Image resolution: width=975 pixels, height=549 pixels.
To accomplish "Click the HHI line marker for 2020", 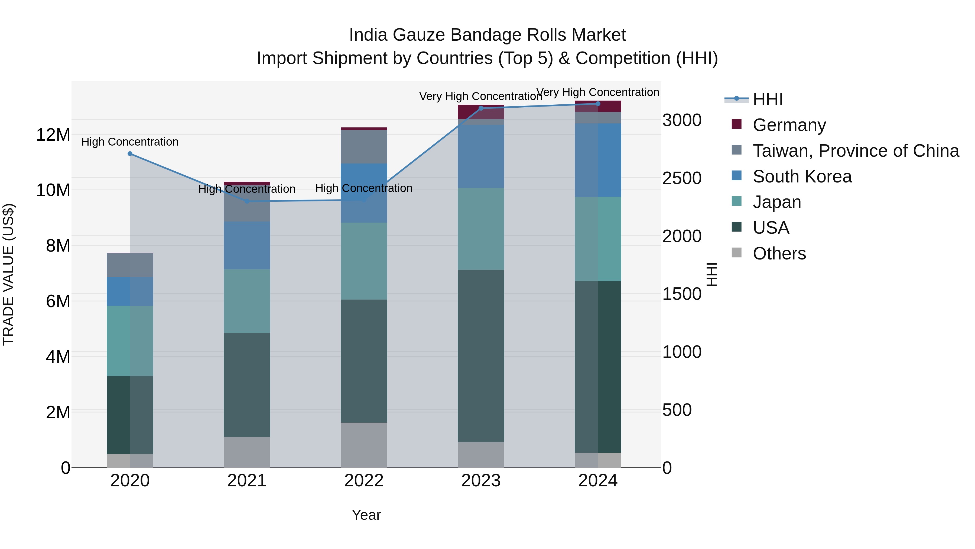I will (x=130, y=153).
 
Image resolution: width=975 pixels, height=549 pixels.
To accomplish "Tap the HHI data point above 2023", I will (x=481, y=108).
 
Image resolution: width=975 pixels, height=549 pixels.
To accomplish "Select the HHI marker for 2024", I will (x=598, y=104).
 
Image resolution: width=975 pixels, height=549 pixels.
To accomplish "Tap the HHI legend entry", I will (x=767, y=99).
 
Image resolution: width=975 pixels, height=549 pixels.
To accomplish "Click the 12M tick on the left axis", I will (x=53, y=135).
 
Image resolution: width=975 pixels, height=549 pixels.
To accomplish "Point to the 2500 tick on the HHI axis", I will (x=682, y=178).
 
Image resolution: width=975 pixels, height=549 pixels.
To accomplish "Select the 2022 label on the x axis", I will (x=364, y=481).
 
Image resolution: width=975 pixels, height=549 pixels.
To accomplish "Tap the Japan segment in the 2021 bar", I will (x=247, y=301).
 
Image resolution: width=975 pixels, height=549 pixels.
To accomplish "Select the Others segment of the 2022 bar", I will (x=364, y=445).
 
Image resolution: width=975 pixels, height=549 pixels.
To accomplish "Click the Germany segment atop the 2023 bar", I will (x=481, y=111).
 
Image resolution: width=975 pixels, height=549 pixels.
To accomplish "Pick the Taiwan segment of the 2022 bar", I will (x=364, y=147).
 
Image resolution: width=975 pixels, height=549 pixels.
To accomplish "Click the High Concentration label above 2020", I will (x=130, y=142).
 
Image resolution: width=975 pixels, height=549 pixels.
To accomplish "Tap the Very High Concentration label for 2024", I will (x=598, y=92).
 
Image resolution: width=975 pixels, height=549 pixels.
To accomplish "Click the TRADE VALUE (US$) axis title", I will (x=8, y=274).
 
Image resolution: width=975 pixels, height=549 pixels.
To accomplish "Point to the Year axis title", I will (x=366, y=515).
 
